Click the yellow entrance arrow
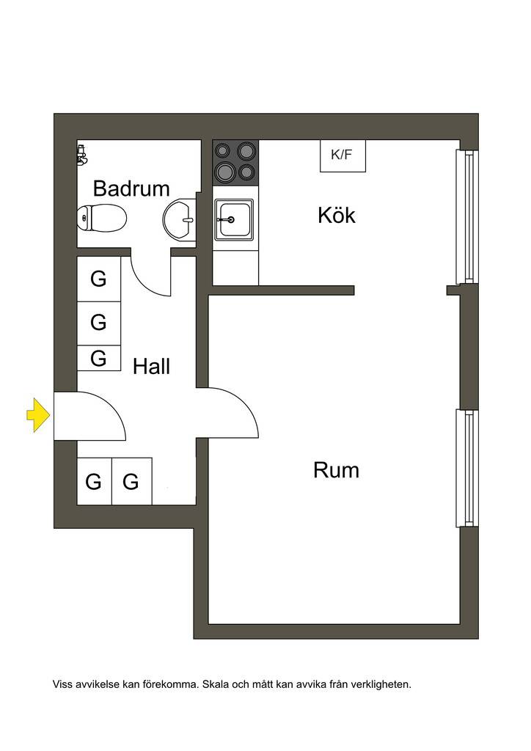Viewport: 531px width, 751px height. coord(38,415)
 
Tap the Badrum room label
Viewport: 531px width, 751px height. coord(131,188)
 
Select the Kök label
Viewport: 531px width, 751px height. coord(336,215)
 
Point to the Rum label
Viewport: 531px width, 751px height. coord(336,470)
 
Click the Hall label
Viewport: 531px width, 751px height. coord(151,367)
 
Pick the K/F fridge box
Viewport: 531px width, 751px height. coord(343,155)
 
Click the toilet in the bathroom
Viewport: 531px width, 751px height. coord(101,218)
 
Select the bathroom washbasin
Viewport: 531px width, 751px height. coord(180,220)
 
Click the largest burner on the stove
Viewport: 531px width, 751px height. coord(224,170)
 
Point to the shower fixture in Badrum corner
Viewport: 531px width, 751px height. coord(82,155)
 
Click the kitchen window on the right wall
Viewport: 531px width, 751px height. coord(467,216)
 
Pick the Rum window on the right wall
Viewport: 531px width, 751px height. coord(467,468)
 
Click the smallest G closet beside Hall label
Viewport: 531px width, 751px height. coord(98,358)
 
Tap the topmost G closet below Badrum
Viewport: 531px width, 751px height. coord(98,279)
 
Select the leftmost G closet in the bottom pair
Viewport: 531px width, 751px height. coord(95,481)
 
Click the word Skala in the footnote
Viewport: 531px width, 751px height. coord(216,684)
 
